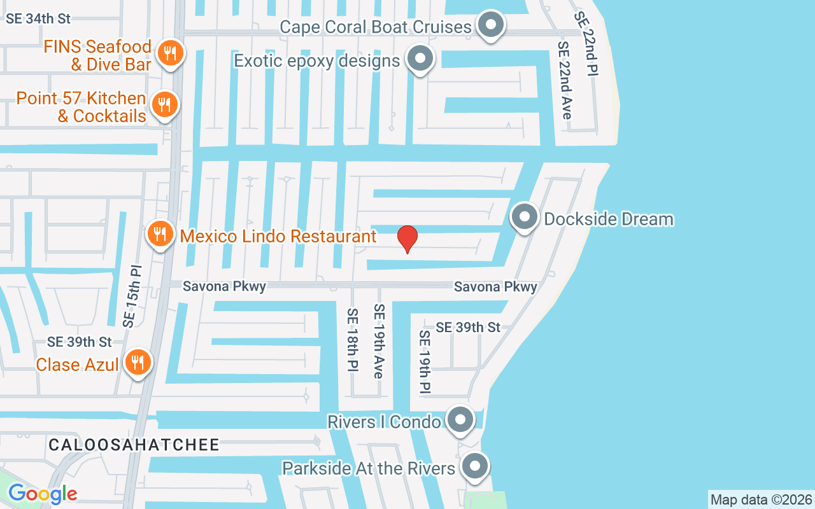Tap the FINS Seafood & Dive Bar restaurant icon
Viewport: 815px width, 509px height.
[x=169, y=53]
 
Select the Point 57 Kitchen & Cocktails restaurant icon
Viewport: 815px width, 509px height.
[x=165, y=105]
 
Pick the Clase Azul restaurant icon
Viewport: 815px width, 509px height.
[x=136, y=363]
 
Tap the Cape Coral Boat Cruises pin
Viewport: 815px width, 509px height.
[x=490, y=25]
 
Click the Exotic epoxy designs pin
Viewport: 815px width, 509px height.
[x=420, y=59]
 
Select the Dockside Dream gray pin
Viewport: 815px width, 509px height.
[x=525, y=217]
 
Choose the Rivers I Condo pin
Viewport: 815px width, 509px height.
[x=460, y=420]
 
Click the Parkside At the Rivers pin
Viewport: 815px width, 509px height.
[x=474, y=466]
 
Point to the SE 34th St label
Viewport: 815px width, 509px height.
[x=38, y=18]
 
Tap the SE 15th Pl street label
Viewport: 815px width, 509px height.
[x=132, y=296]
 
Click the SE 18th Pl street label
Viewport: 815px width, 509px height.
[x=352, y=340]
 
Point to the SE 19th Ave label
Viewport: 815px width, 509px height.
[x=379, y=341]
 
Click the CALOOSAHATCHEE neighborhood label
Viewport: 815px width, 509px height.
[x=134, y=445]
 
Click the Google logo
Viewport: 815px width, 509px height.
[x=43, y=493]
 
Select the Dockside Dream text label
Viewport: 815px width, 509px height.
[x=608, y=219]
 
